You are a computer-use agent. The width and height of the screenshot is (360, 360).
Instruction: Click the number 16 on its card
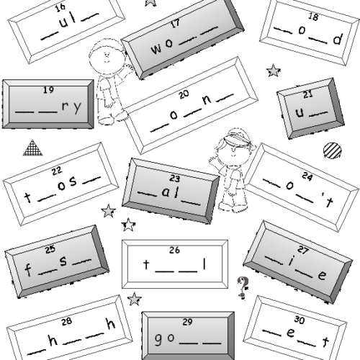click(x=60, y=7)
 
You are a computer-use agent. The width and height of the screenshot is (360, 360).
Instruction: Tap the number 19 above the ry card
click(x=48, y=90)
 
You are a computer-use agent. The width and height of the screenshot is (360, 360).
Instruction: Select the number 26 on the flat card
click(x=174, y=250)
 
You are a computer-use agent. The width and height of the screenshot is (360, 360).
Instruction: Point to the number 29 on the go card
click(x=187, y=322)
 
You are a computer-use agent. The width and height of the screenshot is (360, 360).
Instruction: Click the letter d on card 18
click(x=338, y=39)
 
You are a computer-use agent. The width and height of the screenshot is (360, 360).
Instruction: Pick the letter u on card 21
click(x=300, y=112)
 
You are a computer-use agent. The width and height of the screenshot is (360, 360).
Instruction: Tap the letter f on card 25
click(x=28, y=269)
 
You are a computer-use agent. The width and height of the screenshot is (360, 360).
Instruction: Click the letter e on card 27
click(x=322, y=275)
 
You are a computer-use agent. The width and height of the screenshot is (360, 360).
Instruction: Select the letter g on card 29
click(x=158, y=339)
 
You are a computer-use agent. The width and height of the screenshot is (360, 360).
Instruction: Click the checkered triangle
click(x=33, y=148)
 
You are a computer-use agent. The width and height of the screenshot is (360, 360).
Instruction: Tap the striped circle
click(x=333, y=150)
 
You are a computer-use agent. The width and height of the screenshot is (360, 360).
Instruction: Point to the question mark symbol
click(x=243, y=288)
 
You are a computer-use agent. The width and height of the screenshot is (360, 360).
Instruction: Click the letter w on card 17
click(x=156, y=49)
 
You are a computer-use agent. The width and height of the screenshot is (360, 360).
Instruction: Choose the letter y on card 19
click(x=77, y=107)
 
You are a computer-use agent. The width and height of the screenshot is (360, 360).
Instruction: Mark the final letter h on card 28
click(x=111, y=323)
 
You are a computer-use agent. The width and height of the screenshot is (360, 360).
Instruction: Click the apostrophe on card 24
click(x=323, y=197)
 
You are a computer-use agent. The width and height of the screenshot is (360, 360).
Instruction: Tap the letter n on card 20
click(x=207, y=100)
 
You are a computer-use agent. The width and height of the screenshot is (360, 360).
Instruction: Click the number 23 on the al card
click(x=175, y=179)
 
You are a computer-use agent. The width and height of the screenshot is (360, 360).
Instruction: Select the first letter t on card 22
click(x=28, y=197)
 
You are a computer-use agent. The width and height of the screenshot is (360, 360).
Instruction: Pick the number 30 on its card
click(x=300, y=320)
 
